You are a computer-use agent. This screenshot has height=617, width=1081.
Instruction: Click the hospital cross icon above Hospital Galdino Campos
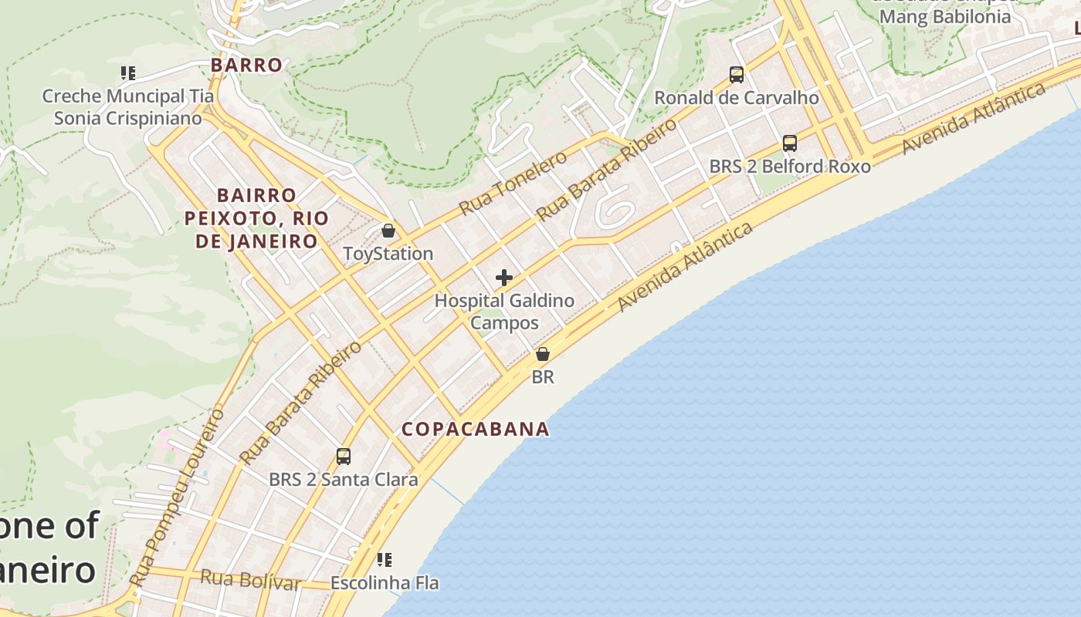pyautogui.click(x=504, y=278)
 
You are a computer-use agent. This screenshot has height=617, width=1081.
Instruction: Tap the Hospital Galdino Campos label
pyautogui.click(x=504, y=312)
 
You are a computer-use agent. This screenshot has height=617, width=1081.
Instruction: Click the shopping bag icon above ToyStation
pyautogui.click(x=388, y=231)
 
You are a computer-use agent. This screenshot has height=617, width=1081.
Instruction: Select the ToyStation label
pyautogui.click(x=388, y=254)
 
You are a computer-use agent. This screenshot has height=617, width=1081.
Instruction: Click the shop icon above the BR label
pyautogui.click(x=543, y=354)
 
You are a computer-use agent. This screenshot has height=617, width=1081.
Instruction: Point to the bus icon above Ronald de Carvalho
pyautogui.click(x=737, y=75)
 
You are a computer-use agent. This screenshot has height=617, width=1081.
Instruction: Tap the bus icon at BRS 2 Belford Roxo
pyautogui.click(x=789, y=143)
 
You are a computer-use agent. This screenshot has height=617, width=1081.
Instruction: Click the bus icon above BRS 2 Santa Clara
pyautogui.click(x=344, y=457)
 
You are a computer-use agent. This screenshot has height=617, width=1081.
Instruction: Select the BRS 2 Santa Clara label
pyautogui.click(x=344, y=480)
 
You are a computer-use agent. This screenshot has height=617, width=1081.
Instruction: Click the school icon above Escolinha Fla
pyautogui.click(x=385, y=559)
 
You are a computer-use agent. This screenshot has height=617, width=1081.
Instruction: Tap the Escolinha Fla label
pyautogui.click(x=385, y=583)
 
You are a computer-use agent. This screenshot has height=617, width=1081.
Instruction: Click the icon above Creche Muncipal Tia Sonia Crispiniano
pyautogui.click(x=128, y=73)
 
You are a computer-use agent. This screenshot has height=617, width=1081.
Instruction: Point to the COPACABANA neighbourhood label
pyautogui.click(x=476, y=430)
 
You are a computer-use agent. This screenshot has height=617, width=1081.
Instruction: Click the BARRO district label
pyautogui.click(x=246, y=66)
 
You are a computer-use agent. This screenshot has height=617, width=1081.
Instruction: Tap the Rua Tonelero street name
pyautogui.click(x=513, y=184)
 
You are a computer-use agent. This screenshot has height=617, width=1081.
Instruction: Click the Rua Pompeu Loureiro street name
pyautogui.click(x=177, y=497)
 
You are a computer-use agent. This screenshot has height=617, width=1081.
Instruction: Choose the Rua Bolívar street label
pyautogui.click(x=251, y=579)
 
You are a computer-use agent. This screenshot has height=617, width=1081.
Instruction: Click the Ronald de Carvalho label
pyautogui.click(x=737, y=98)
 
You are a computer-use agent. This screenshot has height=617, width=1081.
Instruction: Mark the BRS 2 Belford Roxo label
pyautogui.click(x=789, y=167)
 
